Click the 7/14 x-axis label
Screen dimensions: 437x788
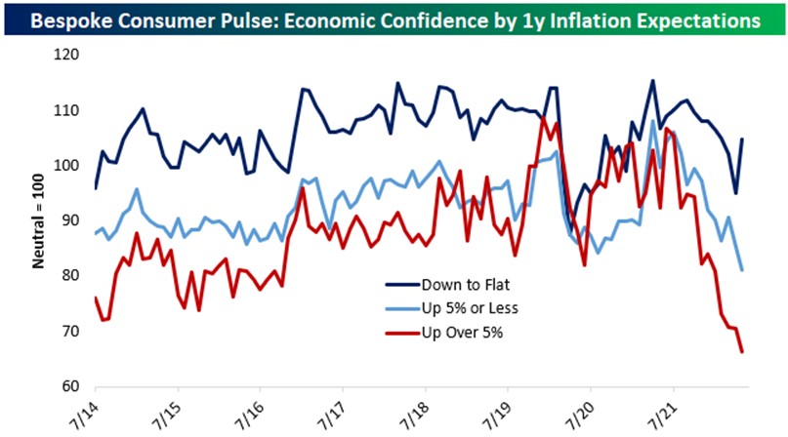[86, 410]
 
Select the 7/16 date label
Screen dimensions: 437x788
[252, 410]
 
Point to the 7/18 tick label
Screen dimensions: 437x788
[418, 410]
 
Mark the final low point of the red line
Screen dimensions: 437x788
[742, 351]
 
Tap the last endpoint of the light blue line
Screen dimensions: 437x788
[742, 269]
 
